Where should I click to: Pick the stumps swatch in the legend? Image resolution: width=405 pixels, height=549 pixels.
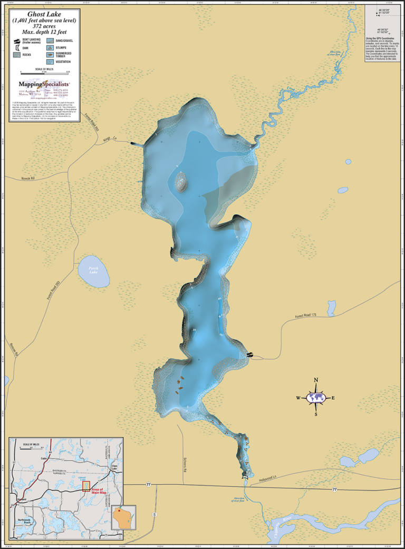click(x=50, y=47)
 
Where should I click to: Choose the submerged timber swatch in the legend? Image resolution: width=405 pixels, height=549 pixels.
click(x=50, y=54)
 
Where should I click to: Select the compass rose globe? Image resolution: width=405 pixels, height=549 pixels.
click(x=316, y=397)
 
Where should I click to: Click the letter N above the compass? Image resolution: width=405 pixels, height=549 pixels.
click(x=316, y=380)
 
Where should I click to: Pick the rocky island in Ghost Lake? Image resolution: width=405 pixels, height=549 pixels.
click(x=181, y=182)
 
